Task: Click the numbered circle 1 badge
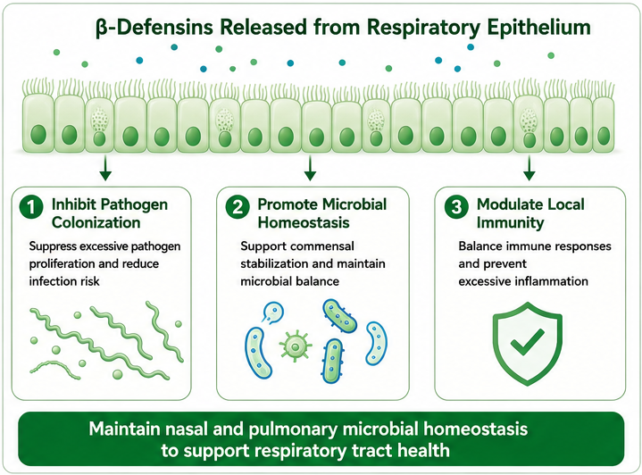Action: (31, 207)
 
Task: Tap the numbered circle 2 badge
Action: (237, 207)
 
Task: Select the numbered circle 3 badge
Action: (456, 207)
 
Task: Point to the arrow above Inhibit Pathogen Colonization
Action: (105, 168)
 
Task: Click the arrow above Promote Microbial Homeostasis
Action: (310, 168)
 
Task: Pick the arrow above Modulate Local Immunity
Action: (529, 168)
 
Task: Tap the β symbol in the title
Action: (101, 29)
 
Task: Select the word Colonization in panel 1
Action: (96, 222)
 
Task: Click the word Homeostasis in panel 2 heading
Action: (304, 222)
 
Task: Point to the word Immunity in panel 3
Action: (510, 222)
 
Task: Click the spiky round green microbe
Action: (295, 346)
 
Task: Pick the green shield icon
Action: (528, 344)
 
